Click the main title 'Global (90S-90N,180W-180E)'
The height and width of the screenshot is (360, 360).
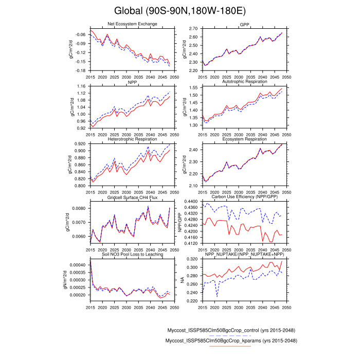pos(179,10)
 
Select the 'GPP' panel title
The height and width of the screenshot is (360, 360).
pos(245,25)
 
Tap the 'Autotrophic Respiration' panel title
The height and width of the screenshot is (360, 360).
pos(245,82)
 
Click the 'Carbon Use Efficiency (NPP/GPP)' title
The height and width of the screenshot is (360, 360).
pos(245,197)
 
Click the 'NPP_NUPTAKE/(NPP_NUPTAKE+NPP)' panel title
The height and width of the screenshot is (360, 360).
pos(245,255)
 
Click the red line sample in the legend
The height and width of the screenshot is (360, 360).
pos(230,347)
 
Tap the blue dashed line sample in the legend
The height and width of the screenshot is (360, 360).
pos(230,336)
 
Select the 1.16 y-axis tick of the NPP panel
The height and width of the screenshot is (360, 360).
pos(82,86)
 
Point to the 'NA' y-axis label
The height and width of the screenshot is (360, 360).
pos(182,280)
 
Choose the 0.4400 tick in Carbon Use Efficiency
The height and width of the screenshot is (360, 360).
pos(190,201)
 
